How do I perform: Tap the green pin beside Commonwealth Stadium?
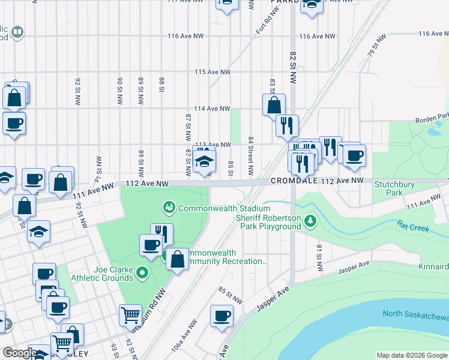coord(169,208)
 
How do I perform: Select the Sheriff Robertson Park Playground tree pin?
coord(310,222)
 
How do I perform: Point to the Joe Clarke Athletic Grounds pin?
coord(142,274)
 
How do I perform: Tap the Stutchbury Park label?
coord(394,189)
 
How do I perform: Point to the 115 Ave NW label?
coord(212,72)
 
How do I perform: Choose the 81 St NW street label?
coord(319,257)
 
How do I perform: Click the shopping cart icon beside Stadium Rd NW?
coord(130,314)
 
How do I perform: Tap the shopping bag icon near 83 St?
coord(273,105)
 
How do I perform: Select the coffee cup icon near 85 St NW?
coord(222,316)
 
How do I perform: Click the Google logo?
coord(20,353)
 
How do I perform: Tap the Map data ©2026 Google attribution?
coord(411,355)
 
